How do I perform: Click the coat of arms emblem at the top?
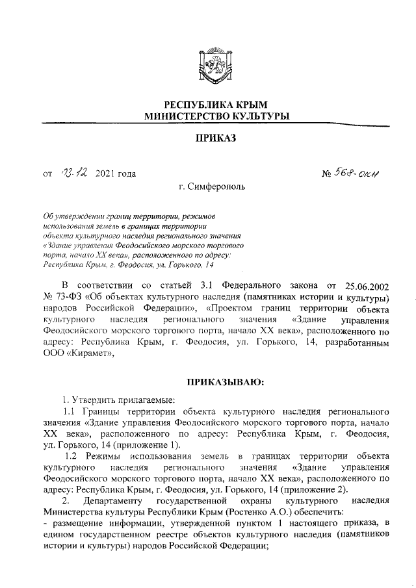pyautogui.click(x=208, y=68)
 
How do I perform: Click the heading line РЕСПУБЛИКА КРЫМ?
pyautogui.click(x=208, y=105)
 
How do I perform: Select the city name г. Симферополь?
pyautogui.click(x=208, y=188)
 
